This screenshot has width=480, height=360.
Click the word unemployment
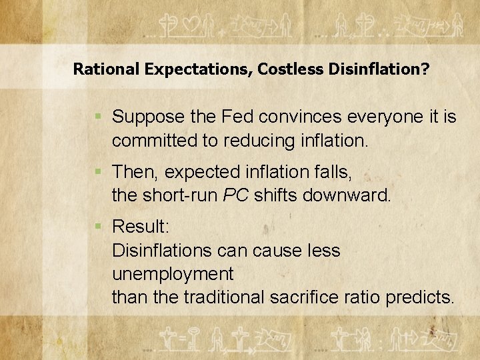[173, 274]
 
